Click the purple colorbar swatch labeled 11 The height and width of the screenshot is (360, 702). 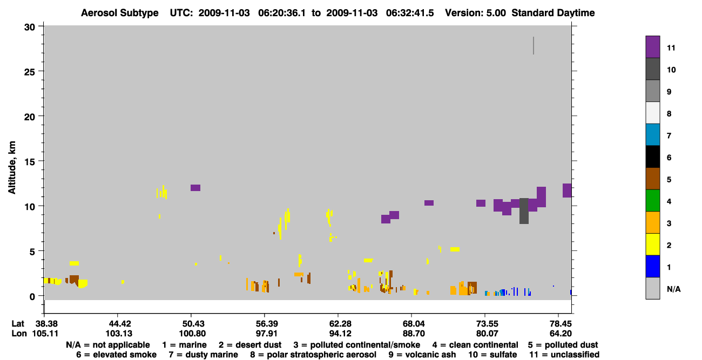pos(652,47)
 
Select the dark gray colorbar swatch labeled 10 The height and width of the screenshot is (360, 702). pos(652,69)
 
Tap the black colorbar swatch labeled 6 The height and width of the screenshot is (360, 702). pos(652,157)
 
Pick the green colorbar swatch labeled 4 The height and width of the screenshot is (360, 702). pos(652,201)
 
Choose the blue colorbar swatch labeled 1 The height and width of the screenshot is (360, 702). pos(652,266)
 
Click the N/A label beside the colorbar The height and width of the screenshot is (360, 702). pos(673,289)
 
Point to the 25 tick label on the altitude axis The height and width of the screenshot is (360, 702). pos(30,72)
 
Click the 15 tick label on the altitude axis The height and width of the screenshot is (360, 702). pos(30,162)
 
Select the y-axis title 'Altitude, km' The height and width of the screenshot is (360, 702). pos(11,168)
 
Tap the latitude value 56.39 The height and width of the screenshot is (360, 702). pos(267,324)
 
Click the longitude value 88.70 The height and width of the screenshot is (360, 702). pos(414,334)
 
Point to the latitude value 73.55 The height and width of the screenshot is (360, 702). pos(487,324)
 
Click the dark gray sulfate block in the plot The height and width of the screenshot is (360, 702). pos(524,211)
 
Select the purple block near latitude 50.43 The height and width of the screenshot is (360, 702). pos(195,188)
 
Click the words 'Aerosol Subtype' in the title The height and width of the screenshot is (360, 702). pos(120,13)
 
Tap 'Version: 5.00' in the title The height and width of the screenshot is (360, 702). pos(475,13)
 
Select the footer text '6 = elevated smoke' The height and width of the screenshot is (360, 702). pos(116,355)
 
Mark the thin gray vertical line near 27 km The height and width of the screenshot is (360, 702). pos(534,46)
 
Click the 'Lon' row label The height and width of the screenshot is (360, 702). pos(19,334)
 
